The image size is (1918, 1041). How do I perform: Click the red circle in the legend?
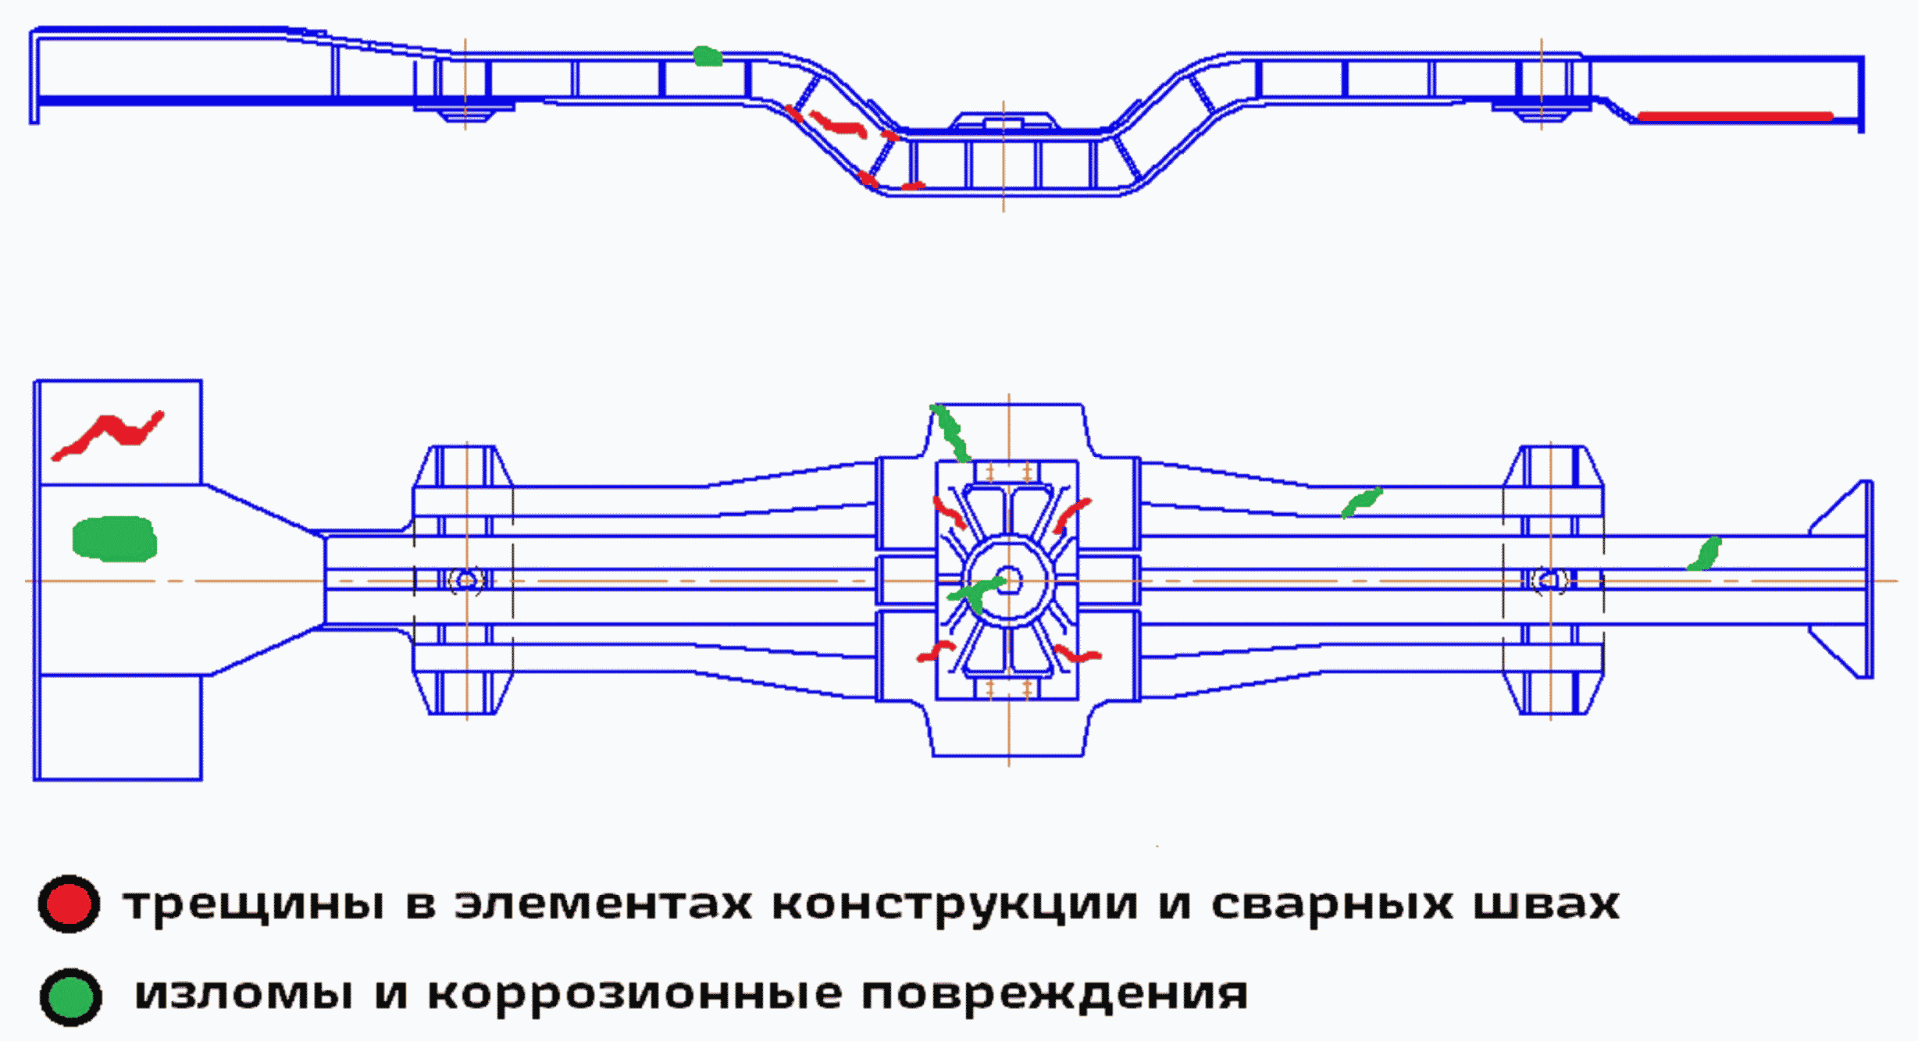tap(69, 904)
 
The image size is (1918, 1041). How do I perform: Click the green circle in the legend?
tap(70, 997)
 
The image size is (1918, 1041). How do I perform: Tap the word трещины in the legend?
tap(254, 905)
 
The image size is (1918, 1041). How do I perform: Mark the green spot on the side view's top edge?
tap(708, 56)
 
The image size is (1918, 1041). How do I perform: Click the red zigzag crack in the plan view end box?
tap(109, 434)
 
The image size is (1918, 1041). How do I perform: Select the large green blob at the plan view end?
tap(114, 538)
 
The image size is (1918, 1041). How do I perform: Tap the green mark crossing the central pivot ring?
tap(975, 594)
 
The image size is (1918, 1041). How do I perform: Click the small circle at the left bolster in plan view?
tap(467, 580)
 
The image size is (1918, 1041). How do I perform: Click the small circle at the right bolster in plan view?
tap(1550, 580)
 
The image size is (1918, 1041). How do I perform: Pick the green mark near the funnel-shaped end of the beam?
tap(1706, 554)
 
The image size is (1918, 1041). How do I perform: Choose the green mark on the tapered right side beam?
tap(1361, 501)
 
